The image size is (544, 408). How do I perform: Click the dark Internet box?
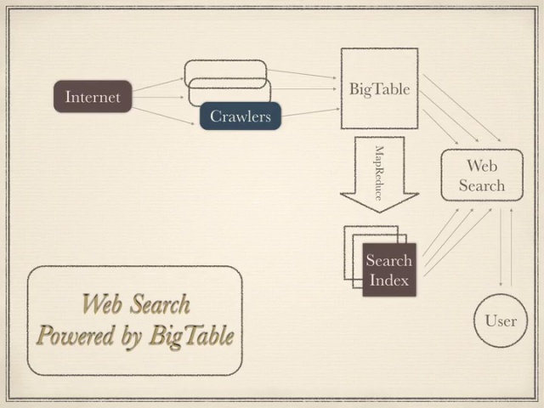[x=93, y=97]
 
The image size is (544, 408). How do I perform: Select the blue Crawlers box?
[x=241, y=116]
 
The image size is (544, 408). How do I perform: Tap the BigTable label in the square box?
[x=379, y=88]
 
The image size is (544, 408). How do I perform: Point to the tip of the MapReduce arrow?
[x=379, y=211]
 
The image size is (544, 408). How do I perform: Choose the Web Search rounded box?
[x=481, y=175]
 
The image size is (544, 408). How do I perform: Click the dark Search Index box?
[x=388, y=269]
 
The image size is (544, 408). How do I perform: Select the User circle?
[x=501, y=320]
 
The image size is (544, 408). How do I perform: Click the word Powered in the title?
[x=77, y=337]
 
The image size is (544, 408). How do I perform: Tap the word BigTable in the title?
[x=191, y=337]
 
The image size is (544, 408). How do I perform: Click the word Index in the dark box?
[x=389, y=280]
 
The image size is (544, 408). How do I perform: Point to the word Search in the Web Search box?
[x=481, y=185]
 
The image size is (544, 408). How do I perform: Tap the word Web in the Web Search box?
[x=481, y=165]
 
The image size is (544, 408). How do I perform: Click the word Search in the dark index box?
[x=389, y=260]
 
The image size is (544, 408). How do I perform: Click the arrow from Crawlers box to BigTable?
[x=310, y=111]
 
